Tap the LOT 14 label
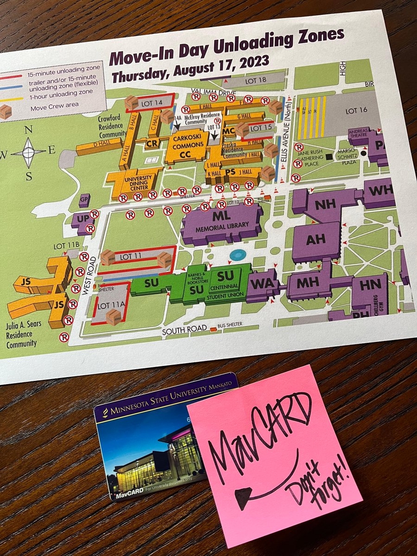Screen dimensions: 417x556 [x=152, y=101]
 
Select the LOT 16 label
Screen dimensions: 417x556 [x=356, y=111]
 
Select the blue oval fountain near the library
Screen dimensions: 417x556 [x=238, y=254]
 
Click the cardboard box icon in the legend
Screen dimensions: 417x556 [x=6, y=111]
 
